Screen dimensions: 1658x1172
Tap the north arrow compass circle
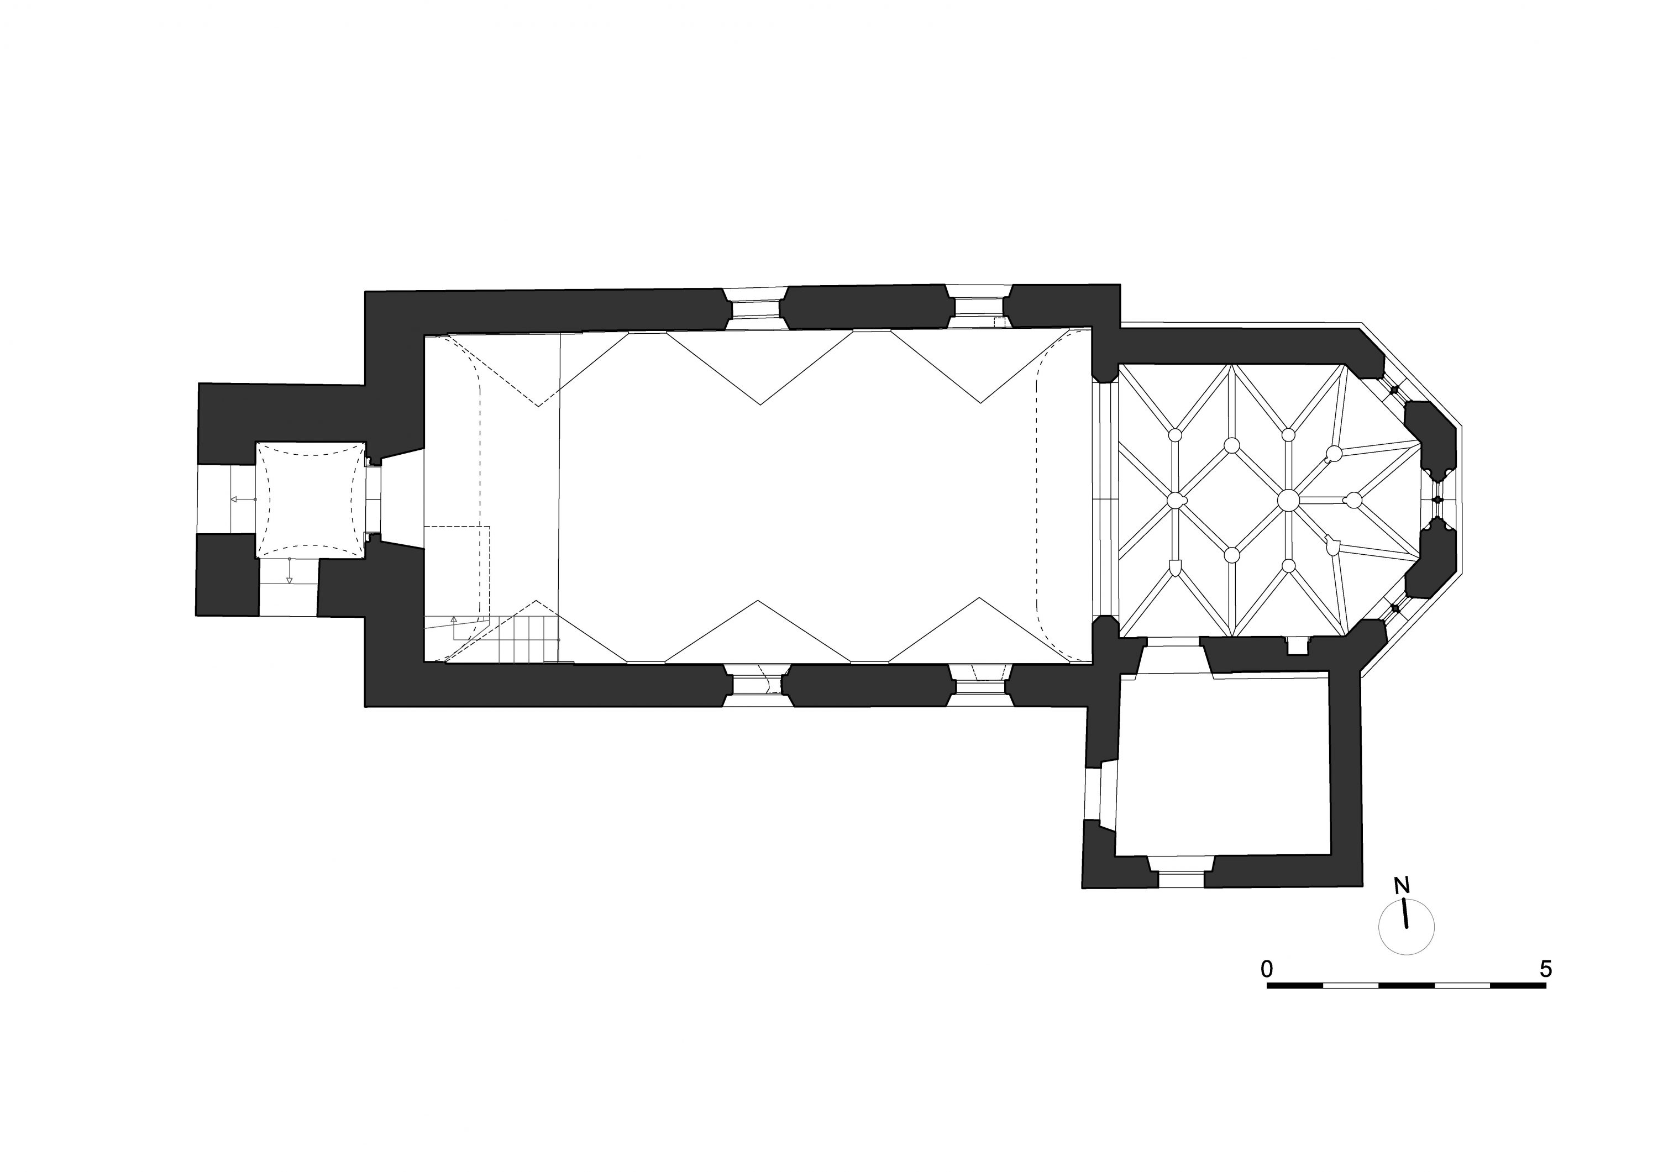[x=1406, y=927]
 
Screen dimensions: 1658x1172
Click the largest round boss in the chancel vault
[x=1288, y=500]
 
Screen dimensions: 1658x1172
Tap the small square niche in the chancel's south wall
[x=1298, y=645]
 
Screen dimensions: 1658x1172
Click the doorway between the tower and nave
[x=374, y=500]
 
